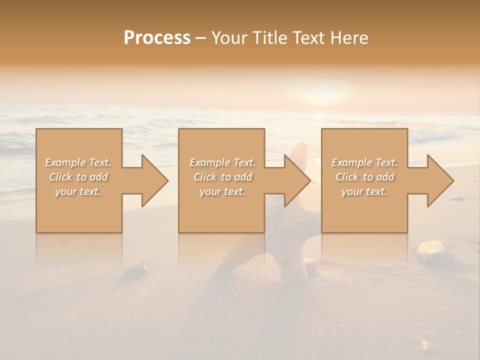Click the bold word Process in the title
[x=157, y=38]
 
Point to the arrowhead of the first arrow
[x=155, y=180]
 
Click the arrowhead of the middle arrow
[x=297, y=180]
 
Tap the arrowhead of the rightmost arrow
[x=440, y=180]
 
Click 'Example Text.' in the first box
[x=78, y=162]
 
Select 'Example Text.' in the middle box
[x=222, y=162]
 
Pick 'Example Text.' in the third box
[x=364, y=162]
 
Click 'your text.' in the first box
[x=78, y=191]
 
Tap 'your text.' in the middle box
[x=222, y=191]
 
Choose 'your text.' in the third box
[x=364, y=191]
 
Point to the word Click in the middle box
[x=204, y=177]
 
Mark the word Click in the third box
[x=347, y=177]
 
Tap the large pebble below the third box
[x=430, y=248]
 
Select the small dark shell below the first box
[x=136, y=270]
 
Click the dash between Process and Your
[x=201, y=38]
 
